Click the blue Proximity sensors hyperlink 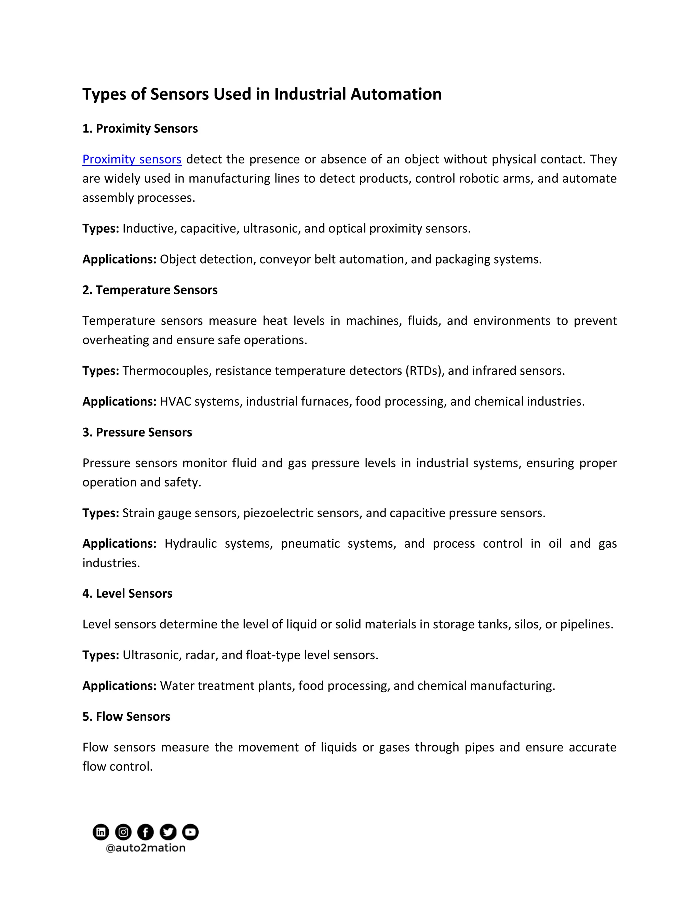132,159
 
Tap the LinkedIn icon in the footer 101,832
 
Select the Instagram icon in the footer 123,832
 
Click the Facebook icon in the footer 146,832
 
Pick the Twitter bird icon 168,832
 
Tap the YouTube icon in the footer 190,832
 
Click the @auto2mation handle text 146,848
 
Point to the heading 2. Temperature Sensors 150,290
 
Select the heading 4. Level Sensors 127,594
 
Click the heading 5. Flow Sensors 126,716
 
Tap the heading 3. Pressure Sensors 137,432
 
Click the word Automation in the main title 396,94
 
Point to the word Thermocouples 167,371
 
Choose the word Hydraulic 191,544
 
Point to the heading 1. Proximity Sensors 140,129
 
